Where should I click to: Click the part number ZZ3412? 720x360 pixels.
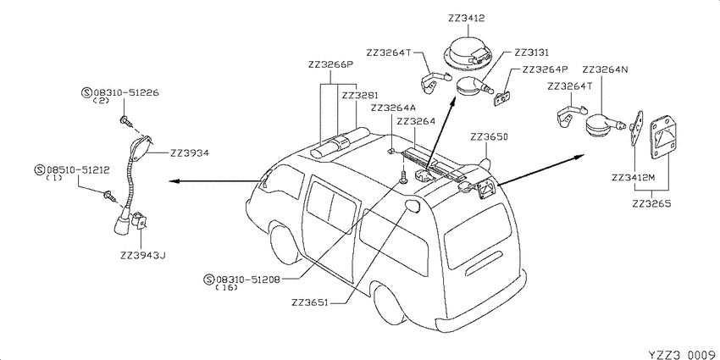(x=467, y=19)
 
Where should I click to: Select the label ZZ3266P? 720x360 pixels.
(x=330, y=64)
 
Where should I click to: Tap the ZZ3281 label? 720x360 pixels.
(x=359, y=96)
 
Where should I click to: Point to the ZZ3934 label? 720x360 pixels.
(x=190, y=153)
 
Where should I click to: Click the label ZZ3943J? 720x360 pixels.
(x=142, y=256)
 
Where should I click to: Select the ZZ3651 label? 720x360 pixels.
(x=310, y=303)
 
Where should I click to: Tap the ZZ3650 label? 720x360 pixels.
(x=489, y=136)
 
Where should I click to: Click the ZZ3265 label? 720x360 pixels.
(x=651, y=203)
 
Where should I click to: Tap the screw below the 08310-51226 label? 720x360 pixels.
(x=126, y=121)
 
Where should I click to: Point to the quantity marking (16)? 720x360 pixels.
(x=226, y=287)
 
